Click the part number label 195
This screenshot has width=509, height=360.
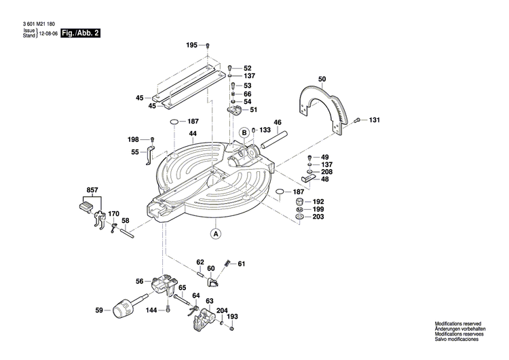[191, 45]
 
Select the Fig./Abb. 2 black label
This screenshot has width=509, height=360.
[79, 33]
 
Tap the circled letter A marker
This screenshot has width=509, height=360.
[216, 234]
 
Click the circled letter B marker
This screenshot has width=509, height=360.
[243, 132]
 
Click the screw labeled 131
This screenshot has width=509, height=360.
[358, 120]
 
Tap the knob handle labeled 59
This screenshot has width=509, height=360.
[124, 310]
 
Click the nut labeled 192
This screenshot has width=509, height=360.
[299, 202]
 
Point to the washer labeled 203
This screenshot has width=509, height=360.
[299, 218]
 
